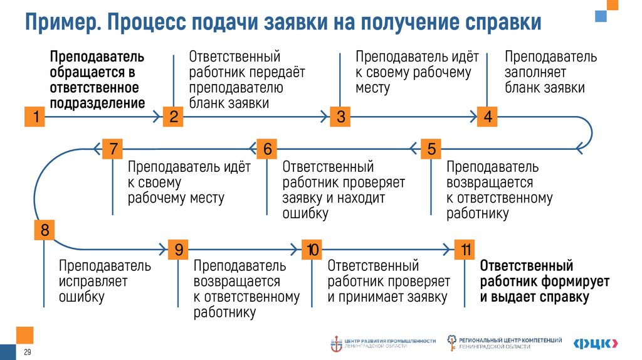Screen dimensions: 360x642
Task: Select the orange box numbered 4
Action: [487, 117]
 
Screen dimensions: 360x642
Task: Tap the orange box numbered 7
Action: [113, 149]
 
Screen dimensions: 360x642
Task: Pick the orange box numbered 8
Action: [44, 230]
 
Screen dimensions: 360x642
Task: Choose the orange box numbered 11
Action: [465, 250]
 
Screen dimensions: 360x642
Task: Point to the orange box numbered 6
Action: [267, 149]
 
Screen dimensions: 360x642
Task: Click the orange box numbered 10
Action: [312, 250]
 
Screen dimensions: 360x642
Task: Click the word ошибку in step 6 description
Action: [305, 214]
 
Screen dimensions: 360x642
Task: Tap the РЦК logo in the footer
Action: [596, 342]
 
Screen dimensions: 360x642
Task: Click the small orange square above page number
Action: [25, 335]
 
